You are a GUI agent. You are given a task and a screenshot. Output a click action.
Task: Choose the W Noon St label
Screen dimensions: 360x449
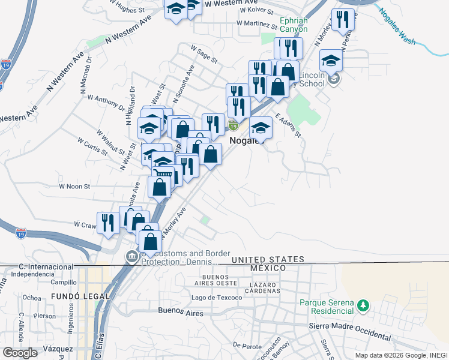click(74, 187)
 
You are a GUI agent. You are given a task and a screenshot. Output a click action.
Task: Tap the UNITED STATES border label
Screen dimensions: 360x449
click(268, 259)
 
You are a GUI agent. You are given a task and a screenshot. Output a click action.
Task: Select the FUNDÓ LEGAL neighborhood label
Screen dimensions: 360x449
click(80, 296)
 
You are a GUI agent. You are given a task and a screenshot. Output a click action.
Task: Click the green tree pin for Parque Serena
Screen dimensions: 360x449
click(362, 306)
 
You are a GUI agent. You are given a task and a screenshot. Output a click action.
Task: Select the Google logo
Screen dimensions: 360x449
click(20, 353)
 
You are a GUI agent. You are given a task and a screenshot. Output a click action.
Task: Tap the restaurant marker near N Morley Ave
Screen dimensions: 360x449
click(343, 19)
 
